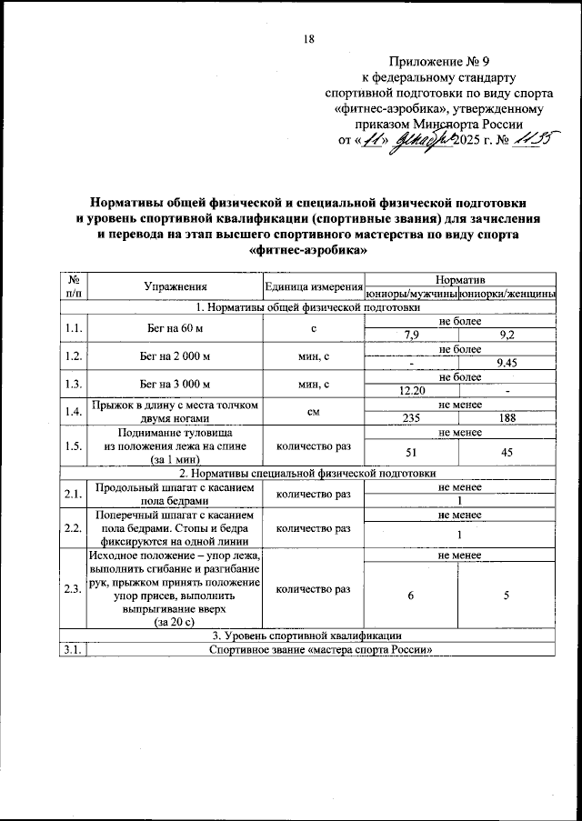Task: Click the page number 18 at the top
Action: [x=307, y=39]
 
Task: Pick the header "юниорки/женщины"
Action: [x=507, y=294]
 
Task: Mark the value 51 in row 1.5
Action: [x=411, y=452]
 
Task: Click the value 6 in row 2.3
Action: [x=411, y=595]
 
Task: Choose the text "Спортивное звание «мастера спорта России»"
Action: [x=320, y=648]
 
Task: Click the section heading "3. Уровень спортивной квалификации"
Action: [x=307, y=635]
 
